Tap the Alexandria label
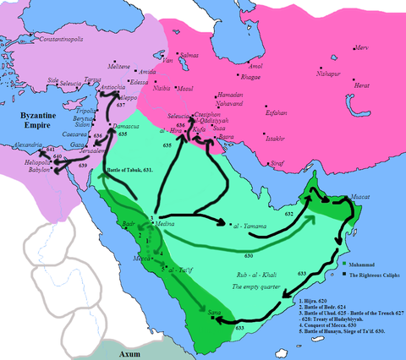point(23,145)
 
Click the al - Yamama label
point(251,226)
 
